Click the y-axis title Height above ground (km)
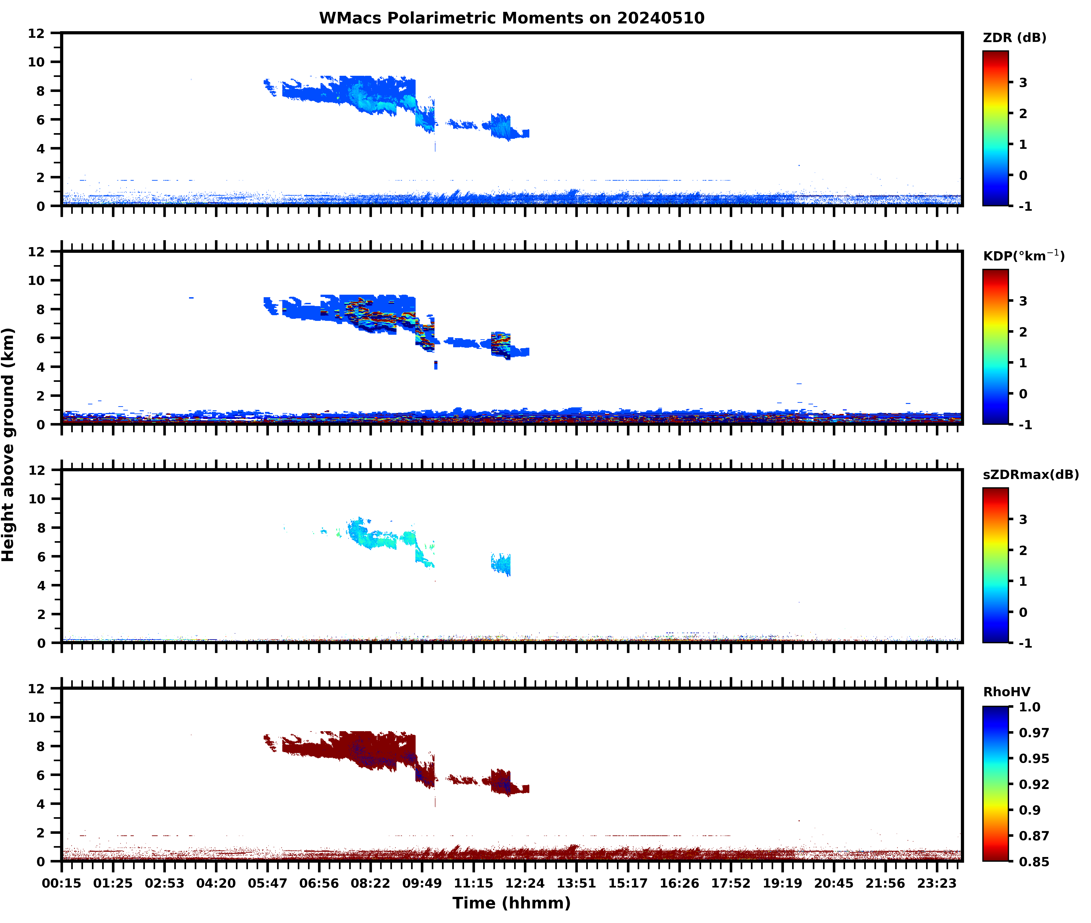click(8, 445)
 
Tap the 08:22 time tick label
click(370, 883)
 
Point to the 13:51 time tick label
click(576, 883)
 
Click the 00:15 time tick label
click(62, 883)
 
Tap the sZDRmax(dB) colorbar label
click(1030, 474)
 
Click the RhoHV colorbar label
click(1006, 692)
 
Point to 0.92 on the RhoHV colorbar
click(1033, 784)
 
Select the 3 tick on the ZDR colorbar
click(1023, 83)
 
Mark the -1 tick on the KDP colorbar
click(1025, 425)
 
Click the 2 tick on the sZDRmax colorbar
click(1023, 550)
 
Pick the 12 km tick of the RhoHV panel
click(37, 689)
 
